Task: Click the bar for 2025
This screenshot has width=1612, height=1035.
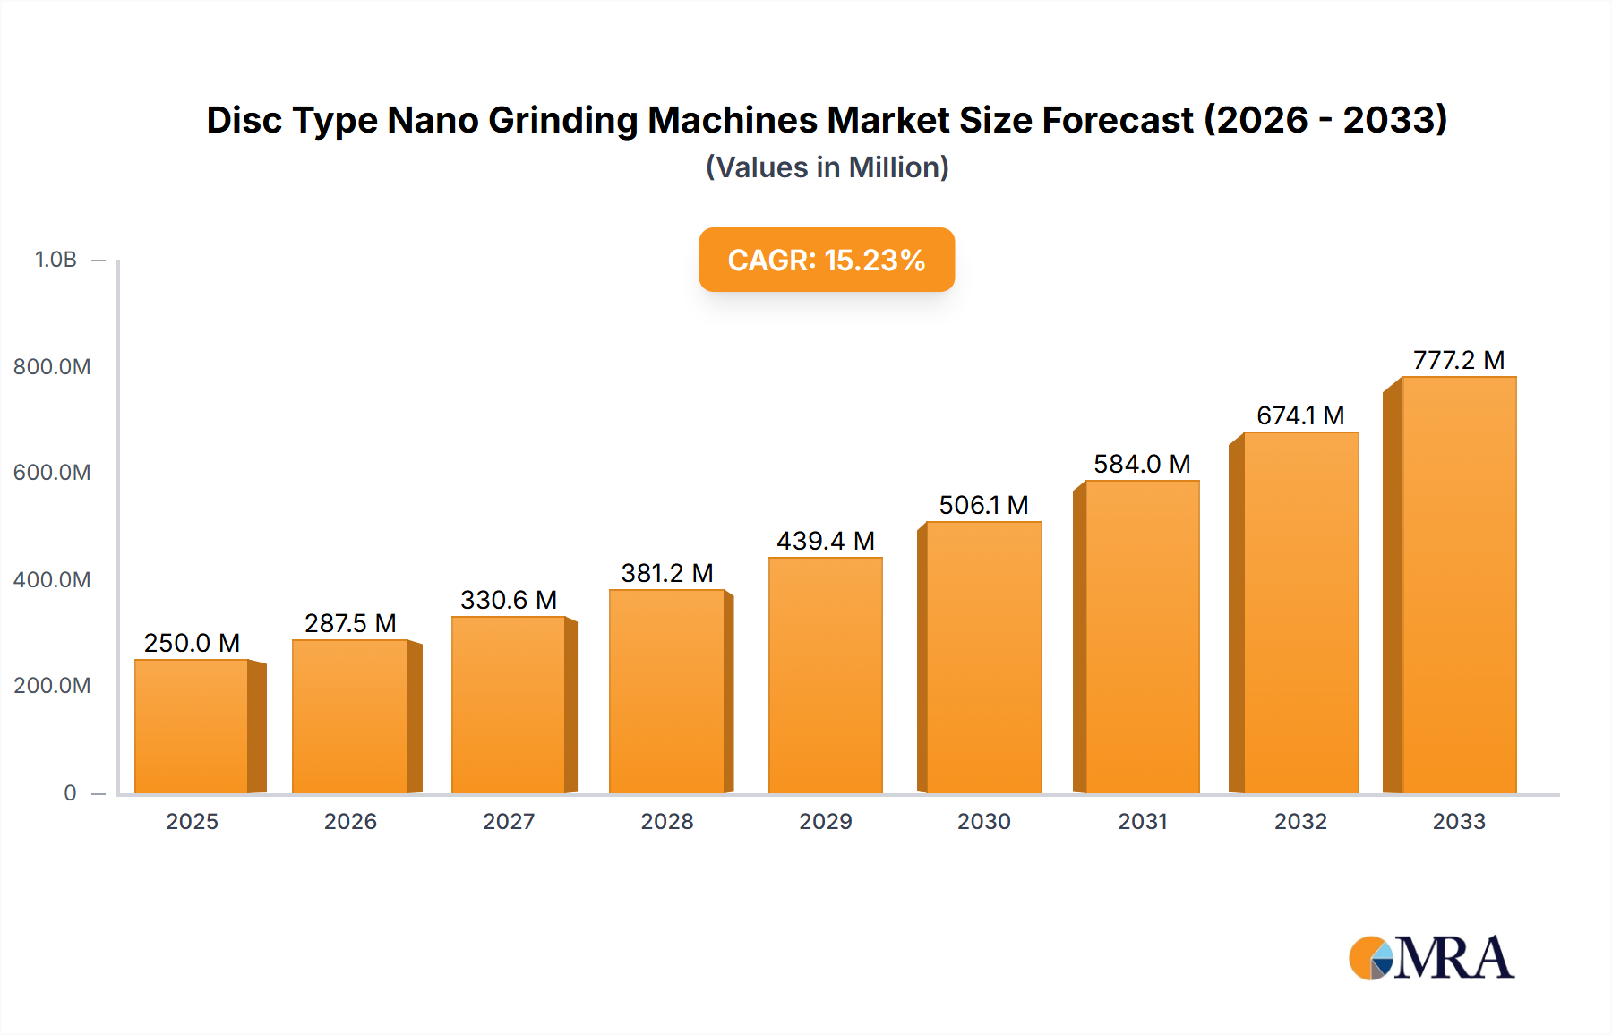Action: (192, 726)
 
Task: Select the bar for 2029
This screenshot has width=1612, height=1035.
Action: (825, 675)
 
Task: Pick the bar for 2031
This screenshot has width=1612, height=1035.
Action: (1142, 637)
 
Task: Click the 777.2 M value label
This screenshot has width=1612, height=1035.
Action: (1459, 360)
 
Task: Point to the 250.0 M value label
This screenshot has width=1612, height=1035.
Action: (192, 643)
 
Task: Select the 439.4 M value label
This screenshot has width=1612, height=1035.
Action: (825, 541)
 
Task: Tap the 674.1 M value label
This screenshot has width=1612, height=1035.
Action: (1300, 415)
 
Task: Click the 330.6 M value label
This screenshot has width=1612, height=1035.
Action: (509, 600)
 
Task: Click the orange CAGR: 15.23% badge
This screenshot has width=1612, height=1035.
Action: (827, 260)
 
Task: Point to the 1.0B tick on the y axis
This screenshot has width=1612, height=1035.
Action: (56, 260)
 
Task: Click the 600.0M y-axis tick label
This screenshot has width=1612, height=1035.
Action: (52, 473)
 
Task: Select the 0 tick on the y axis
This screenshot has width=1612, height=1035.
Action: (70, 792)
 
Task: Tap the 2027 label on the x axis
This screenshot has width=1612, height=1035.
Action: (509, 821)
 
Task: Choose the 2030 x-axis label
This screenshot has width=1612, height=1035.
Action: (983, 821)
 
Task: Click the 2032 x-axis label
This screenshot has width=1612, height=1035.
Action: (1300, 821)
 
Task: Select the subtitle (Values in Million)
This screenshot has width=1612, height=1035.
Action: (827, 167)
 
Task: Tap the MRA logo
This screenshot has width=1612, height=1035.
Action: (1431, 958)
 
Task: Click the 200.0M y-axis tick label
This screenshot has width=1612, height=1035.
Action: (52, 686)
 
